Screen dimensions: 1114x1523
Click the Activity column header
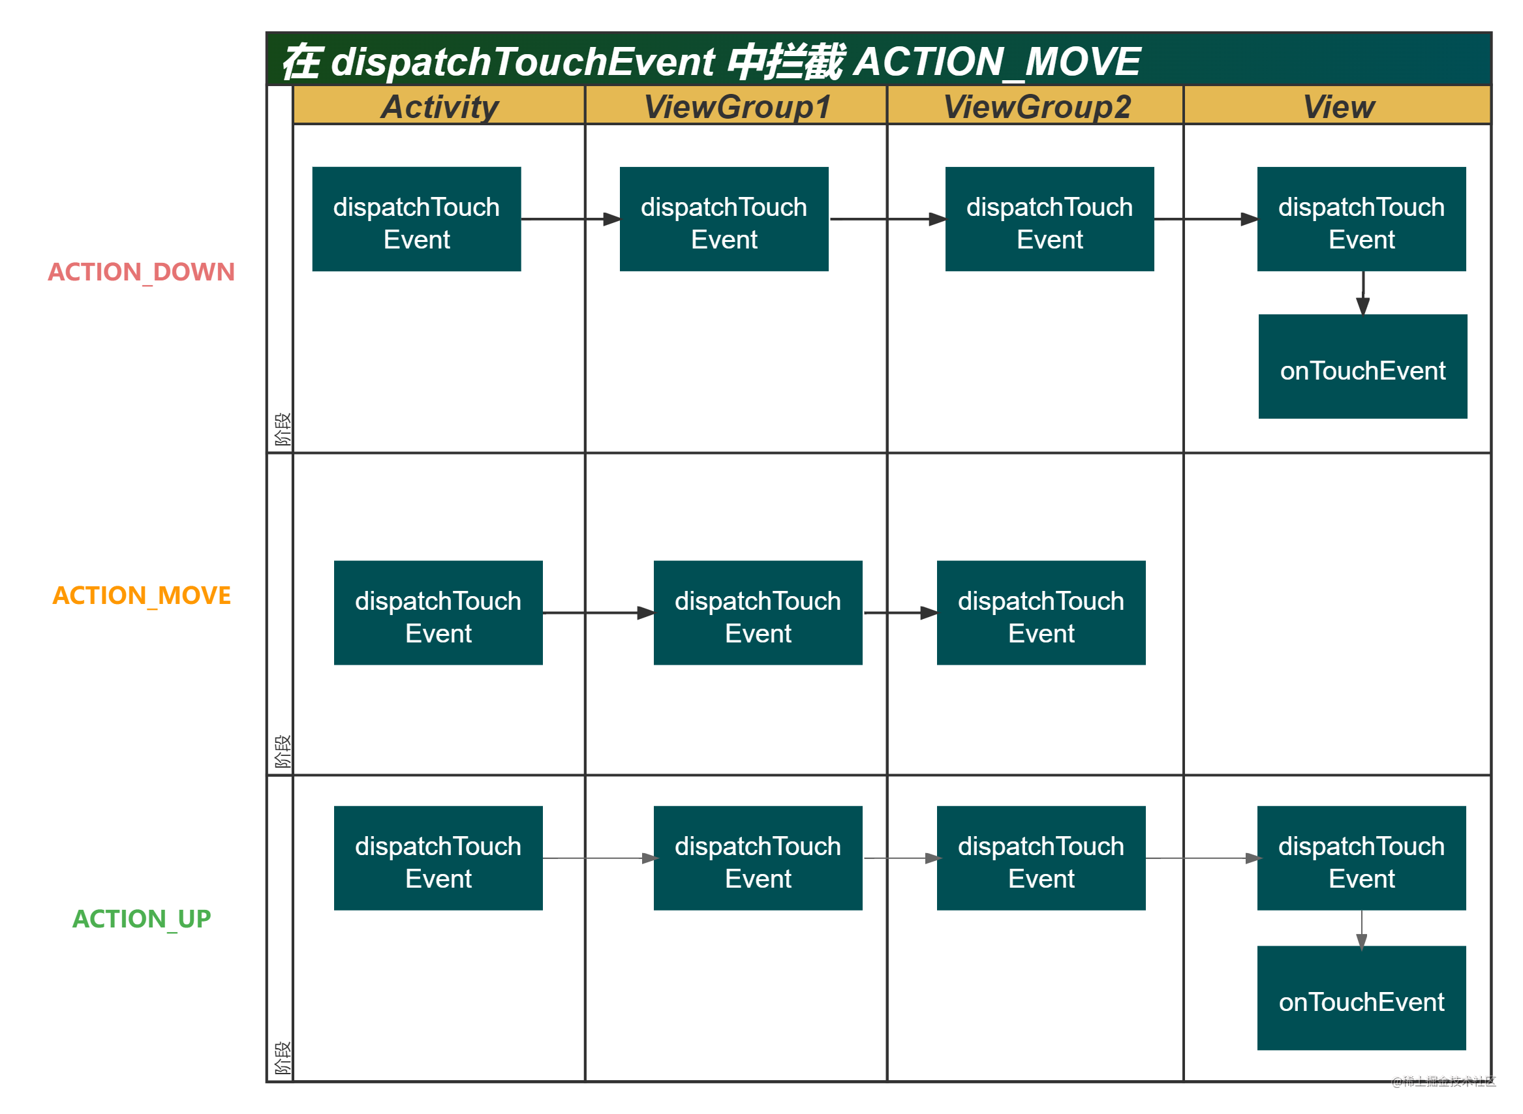point(439,106)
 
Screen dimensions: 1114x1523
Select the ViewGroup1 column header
point(737,106)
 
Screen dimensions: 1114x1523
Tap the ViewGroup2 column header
point(1036,106)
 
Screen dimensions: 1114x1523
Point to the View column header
point(1338,106)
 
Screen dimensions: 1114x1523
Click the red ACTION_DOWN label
point(141,272)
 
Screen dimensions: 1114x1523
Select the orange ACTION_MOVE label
point(142,595)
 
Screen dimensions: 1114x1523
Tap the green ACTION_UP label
point(142,918)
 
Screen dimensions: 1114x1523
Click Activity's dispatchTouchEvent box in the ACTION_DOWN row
point(416,219)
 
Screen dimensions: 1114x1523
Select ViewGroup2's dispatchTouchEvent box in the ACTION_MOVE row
point(1041,613)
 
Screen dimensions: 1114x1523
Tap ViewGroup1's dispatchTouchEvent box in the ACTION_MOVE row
point(758,613)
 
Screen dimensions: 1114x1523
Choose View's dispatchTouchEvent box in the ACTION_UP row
point(1361,858)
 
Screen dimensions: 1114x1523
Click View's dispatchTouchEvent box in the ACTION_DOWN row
point(1361,219)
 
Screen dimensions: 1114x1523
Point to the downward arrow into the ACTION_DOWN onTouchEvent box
point(1362,294)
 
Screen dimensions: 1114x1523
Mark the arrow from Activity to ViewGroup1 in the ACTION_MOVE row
point(598,613)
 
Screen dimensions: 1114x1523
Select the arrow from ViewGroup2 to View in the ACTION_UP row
point(1201,858)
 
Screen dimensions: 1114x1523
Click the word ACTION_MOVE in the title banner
point(997,61)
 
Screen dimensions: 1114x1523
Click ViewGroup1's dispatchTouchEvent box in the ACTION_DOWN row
point(724,219)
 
